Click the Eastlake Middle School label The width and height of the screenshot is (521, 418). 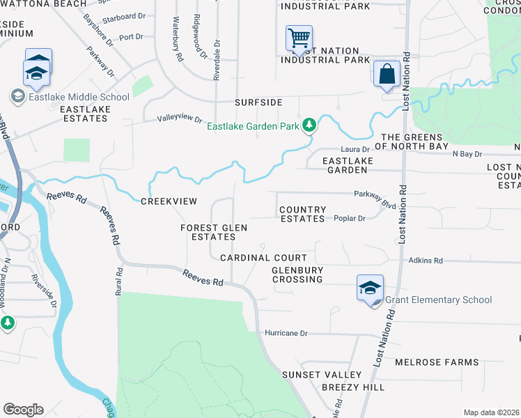(79, 97)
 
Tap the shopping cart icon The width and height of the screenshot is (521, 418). (299, 38)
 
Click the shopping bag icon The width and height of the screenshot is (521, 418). (386, 73)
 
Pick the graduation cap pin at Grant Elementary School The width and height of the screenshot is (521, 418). (371, 287)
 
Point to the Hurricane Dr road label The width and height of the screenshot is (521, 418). (286, 333)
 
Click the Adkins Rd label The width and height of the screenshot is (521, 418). (426, 261)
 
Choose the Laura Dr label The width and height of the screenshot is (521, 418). (355, 149)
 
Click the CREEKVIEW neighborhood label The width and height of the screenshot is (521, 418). (169, 201)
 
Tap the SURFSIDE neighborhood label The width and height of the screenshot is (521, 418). (258, 102)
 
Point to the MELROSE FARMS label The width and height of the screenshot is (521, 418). (437, 362)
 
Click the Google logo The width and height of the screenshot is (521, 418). (23, 410)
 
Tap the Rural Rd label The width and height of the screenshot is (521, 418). (119, 284)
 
